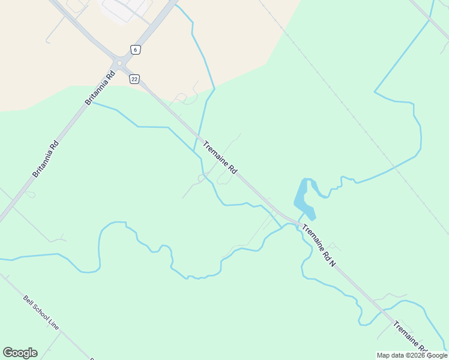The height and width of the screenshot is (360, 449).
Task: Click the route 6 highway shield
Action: coord(136,50)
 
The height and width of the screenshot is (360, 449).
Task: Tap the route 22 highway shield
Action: coord(134,79)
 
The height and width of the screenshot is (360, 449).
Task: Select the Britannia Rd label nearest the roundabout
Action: coord(100,88)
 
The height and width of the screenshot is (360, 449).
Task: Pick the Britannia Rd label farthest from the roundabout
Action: coord(46,158)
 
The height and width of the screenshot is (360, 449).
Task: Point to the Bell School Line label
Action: coord(41,312)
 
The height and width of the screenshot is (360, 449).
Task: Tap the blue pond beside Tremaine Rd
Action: coord(304,198)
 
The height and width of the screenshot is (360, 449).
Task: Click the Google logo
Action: coord(20,353)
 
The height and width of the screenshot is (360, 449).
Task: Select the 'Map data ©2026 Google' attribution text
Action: coord(412,355)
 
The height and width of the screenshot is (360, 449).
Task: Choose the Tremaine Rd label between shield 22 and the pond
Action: coord(220,158)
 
